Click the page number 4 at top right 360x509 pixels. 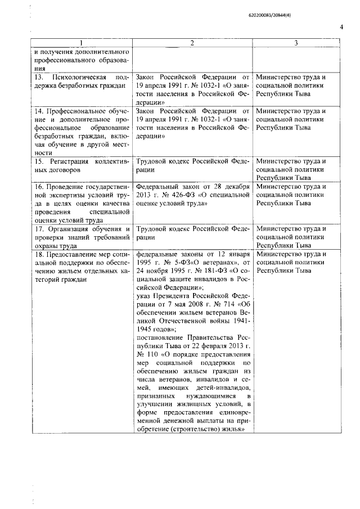point(341,27)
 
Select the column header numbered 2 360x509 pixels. point(192,43)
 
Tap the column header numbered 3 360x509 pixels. point(296,43)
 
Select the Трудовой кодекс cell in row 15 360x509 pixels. point(192,165)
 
